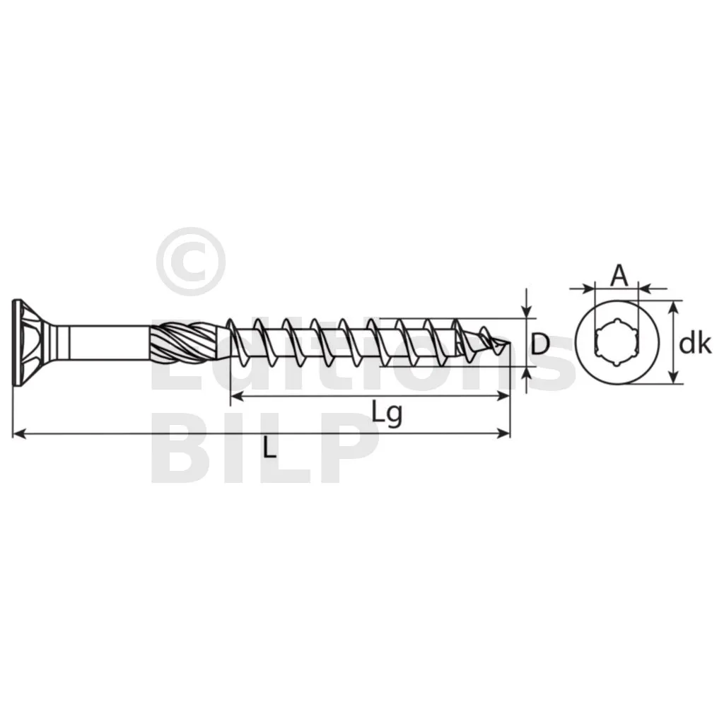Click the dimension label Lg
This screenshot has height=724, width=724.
click(x=387, y=414)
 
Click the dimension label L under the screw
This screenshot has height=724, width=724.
click(x=269, y=447)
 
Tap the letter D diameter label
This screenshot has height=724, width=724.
click(x=539, y=344)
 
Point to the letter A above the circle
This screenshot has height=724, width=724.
click(x=619, y=276)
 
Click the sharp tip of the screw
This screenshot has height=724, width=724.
click(x=509, y=343)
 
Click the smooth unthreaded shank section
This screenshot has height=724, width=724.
click(x=110, y=342)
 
